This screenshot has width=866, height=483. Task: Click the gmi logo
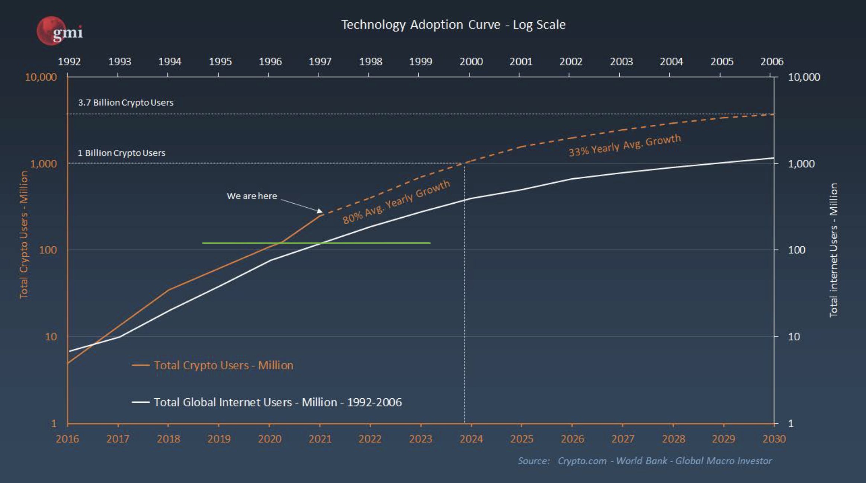coord(60,31)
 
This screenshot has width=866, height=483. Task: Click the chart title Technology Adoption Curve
coord(453,25)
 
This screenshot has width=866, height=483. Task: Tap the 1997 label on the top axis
coord(320,61)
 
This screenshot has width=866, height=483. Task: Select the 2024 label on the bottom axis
coord(471,439)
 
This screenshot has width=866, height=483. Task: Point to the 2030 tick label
coord(774,439)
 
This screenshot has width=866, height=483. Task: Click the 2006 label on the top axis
coord(772,61)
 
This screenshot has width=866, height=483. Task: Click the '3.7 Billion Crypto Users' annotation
coord(126,103)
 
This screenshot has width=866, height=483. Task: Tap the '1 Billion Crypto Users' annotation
coord(121,153)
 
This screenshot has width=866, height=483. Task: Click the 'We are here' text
coord(252,196)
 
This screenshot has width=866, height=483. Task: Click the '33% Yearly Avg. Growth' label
coord(625,145)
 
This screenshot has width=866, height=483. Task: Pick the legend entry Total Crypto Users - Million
coord(223,365)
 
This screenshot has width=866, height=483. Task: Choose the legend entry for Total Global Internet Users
coord(278,402)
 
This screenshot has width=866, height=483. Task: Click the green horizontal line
coord(316,243)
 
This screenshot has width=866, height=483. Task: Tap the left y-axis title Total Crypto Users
coord(23,235)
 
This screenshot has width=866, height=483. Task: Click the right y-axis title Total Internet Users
coord(833,250)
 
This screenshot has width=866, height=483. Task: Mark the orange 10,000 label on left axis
coord(41,77)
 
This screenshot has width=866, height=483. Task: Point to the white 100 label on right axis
coord(796,250)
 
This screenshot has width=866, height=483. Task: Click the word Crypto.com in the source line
coord(582,461)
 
